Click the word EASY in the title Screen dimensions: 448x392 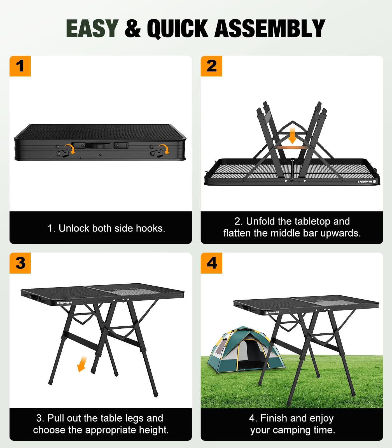pos(92,28)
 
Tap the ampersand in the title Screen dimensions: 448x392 pos(132,28)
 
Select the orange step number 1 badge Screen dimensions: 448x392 pos(20,66)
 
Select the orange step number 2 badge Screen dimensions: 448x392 pos(211,66)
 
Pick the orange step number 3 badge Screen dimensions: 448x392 pos(20,263)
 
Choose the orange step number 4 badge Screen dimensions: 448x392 pos(211,263)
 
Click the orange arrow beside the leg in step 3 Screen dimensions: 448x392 pos(82,364)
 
